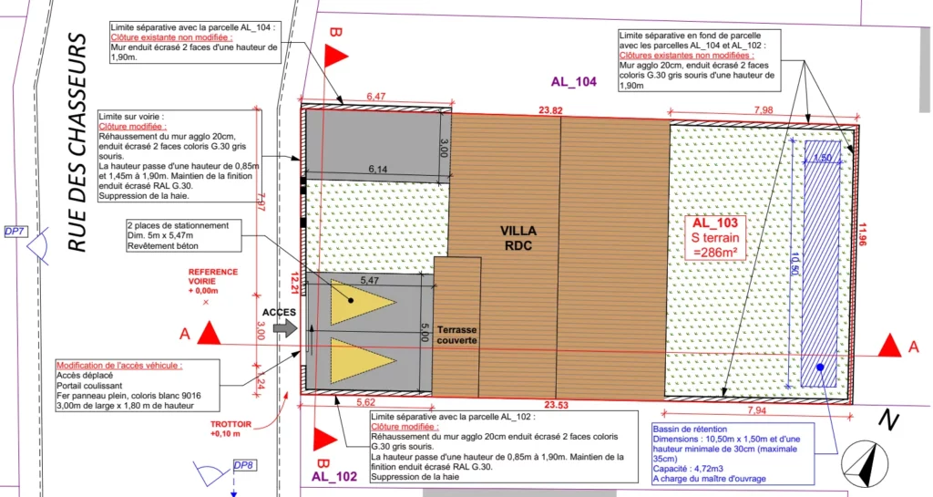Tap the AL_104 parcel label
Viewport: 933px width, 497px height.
573,82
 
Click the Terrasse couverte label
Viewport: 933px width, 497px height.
456,334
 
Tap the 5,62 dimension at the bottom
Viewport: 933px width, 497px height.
364,402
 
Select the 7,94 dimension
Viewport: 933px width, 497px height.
756,410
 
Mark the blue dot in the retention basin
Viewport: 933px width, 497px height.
820,368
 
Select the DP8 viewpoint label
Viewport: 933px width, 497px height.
243,466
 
